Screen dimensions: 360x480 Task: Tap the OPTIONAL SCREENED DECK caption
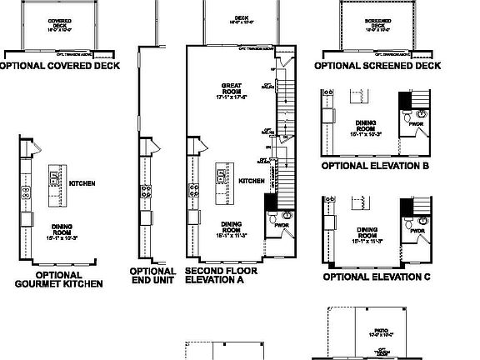[377, 64]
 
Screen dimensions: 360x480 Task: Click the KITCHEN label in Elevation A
[252, 180]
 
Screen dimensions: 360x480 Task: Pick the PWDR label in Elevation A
[280, 225]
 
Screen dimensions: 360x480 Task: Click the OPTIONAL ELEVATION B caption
[375, 165]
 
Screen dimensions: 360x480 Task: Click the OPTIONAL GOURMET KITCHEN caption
[59, 279]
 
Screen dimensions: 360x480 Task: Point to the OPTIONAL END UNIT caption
[152, 276]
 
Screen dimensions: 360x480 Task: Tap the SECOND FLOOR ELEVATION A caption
[221, 276]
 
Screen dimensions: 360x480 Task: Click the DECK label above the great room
[242, 17]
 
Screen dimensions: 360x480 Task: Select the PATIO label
[381, 327]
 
